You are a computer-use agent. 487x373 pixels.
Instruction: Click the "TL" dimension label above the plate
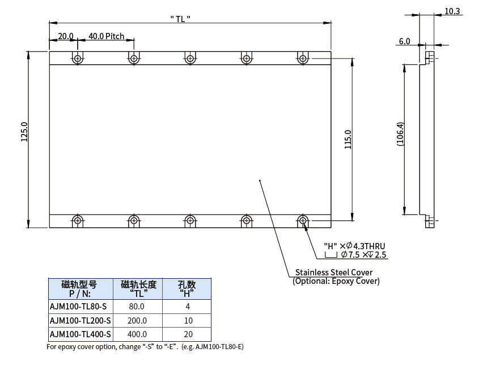tap(180, 18)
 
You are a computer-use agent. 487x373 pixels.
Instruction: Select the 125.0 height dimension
tap(24, 139)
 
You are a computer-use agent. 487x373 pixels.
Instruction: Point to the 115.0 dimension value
tap(348, 139)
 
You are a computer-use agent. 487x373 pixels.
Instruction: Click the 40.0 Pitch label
tap(106, 36)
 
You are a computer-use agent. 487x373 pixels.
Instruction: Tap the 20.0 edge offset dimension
tap(66, 36)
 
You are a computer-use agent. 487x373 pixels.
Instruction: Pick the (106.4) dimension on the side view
tap(400, 135)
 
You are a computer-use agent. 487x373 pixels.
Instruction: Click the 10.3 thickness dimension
tap(453, 11)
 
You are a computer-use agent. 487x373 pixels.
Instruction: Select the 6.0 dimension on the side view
tap(404, 41)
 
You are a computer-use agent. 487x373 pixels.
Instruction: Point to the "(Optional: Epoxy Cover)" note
tap(336, 281)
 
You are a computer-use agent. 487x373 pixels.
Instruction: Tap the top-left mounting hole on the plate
tap(78, 58)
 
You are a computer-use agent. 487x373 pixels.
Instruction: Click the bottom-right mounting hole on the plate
tap(303, 220)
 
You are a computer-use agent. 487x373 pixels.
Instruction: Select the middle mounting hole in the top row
tap(190, 58)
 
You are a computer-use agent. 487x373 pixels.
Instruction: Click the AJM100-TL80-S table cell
tap(78, 306)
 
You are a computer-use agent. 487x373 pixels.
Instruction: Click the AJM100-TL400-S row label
tap(81, 334)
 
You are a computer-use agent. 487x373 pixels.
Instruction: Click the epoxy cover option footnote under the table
tap(145, 346)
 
